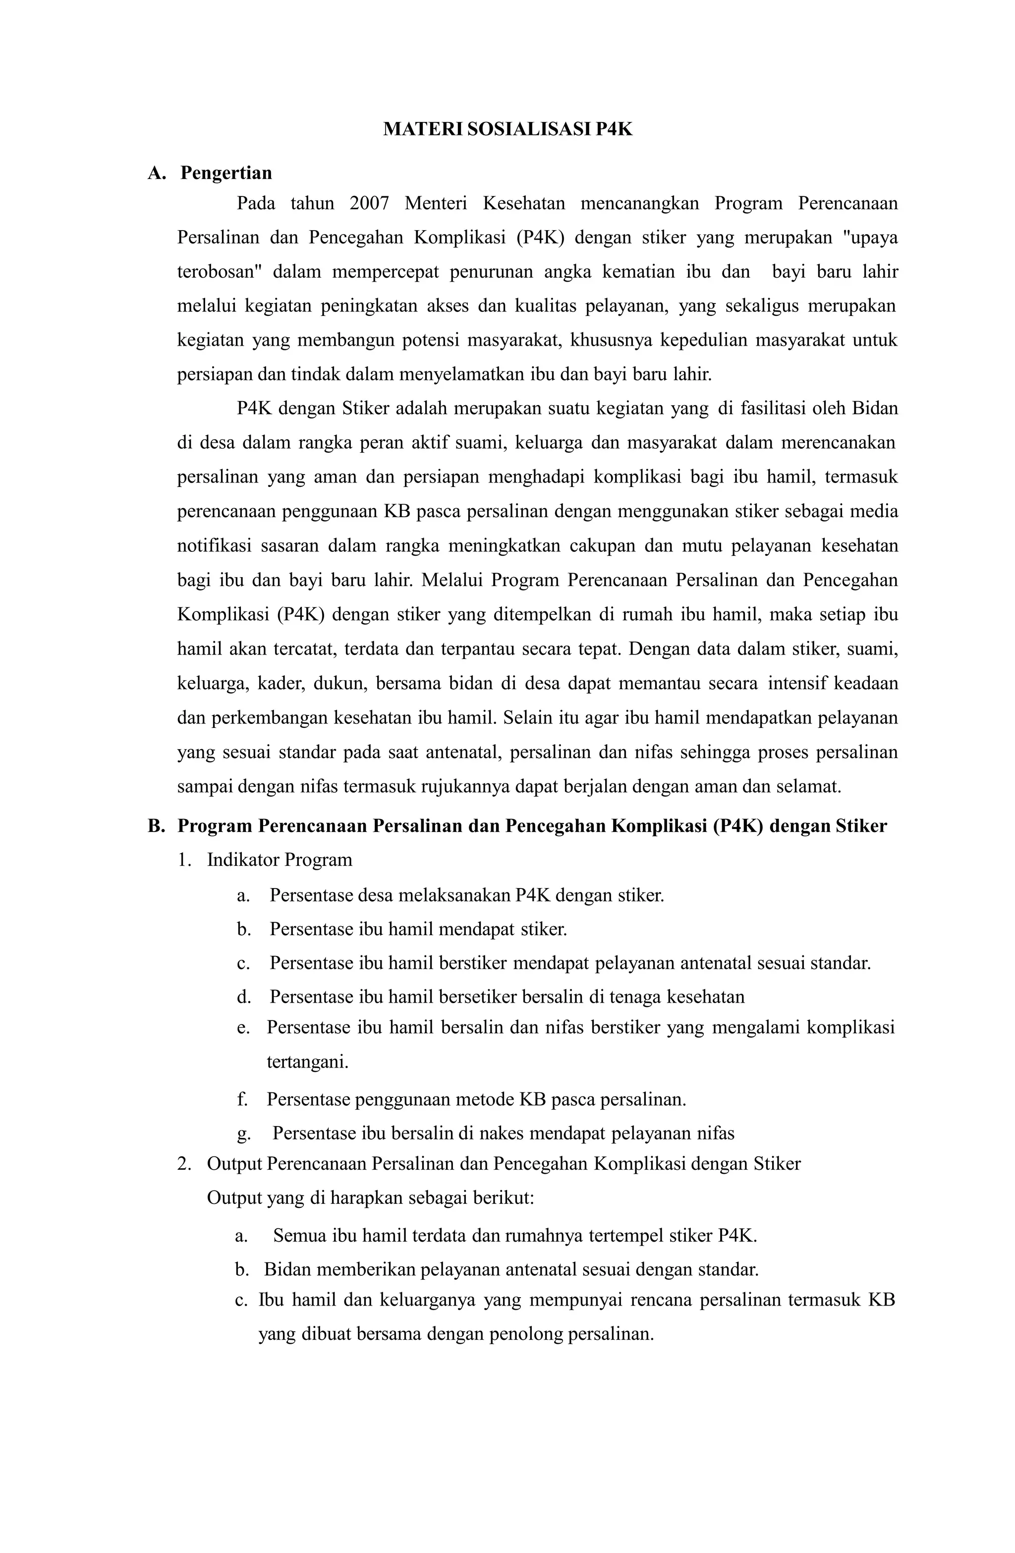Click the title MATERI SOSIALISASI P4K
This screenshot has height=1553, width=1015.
pos(507,129)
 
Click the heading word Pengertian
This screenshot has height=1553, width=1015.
pos(226,173)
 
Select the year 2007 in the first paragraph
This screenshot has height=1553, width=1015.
pos(369,204)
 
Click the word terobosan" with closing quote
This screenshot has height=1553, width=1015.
pos(219,271)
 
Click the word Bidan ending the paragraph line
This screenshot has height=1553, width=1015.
pos(874,409)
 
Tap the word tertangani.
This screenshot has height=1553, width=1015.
pos(307,1062)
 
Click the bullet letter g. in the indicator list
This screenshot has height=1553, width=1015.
pos(243,1134)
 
